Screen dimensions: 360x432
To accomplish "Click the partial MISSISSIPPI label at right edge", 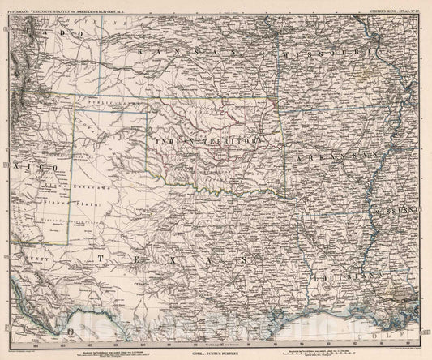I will pyautogui.click(x=396, y=212).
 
